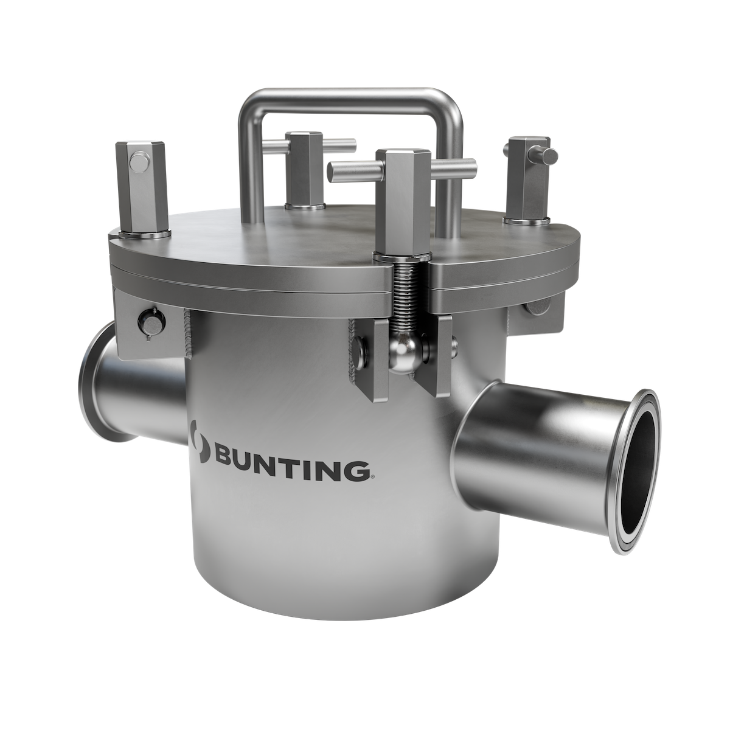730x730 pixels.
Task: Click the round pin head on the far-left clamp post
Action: click(x=138, y=162)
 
